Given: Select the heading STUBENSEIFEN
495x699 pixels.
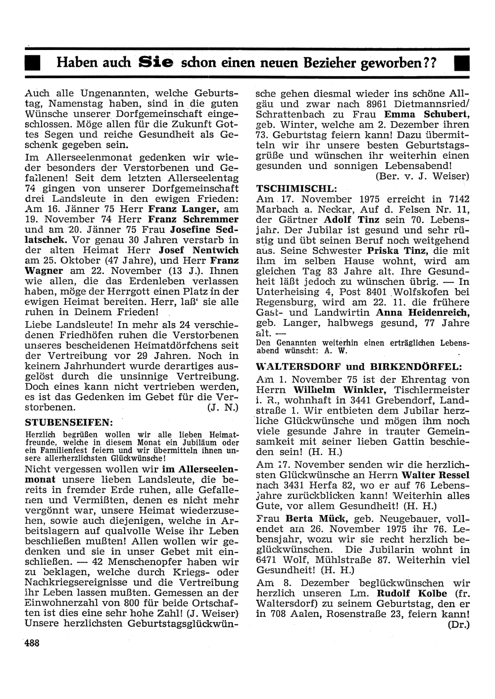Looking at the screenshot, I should [x=69, y=422].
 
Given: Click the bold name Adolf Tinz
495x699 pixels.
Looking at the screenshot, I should [x=352, y=220].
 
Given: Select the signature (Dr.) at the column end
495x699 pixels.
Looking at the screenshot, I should [x=458, y=624].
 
